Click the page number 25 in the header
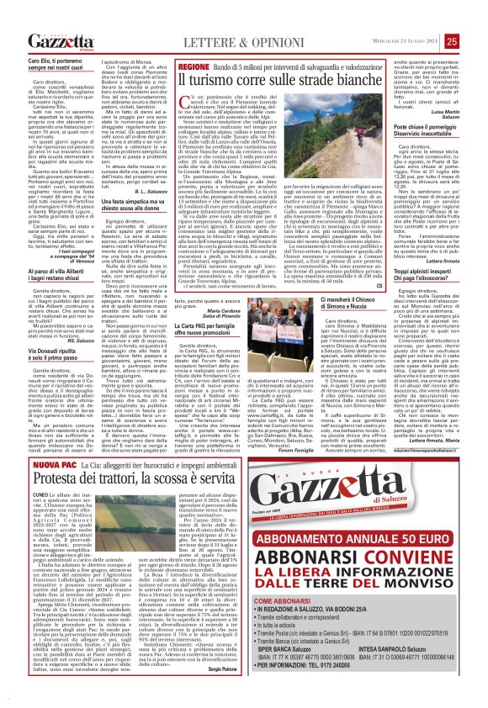475,16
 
